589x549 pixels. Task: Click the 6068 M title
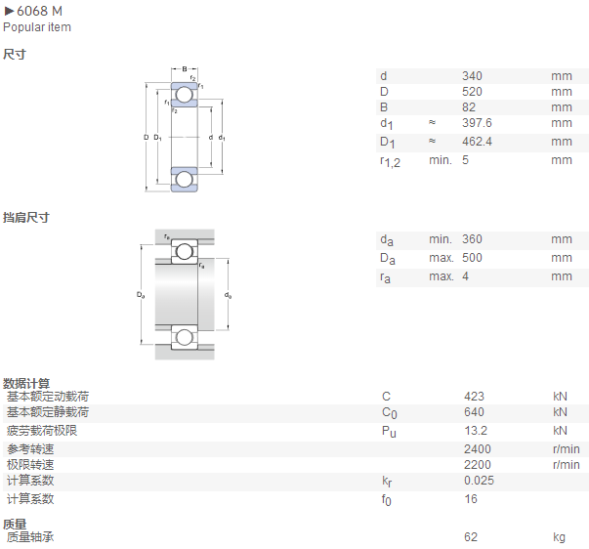(39, 12)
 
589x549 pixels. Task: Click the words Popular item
(37, 27)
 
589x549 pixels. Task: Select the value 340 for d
(472, 76)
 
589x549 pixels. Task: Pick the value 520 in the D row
(472, 92)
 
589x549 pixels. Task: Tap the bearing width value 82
(469, 107)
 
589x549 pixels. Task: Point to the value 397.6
(477, 123)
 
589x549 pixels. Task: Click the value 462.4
(477, 142)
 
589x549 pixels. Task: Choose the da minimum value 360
(472, 239)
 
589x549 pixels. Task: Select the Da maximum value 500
(472, 258)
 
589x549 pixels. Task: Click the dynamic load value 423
(474, 397)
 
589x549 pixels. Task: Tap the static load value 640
(474, 412)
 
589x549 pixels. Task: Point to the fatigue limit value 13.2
(476, 431)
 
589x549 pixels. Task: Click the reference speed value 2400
(478, 449)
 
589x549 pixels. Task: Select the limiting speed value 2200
(478, 465)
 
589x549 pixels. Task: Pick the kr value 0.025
(479, 481)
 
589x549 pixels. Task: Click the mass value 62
(471, 537)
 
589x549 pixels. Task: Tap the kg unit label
(559, 537)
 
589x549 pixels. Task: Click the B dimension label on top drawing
(185, 69)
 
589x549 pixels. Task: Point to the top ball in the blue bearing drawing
(185, 95)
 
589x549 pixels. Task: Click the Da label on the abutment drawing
(141, 295)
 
